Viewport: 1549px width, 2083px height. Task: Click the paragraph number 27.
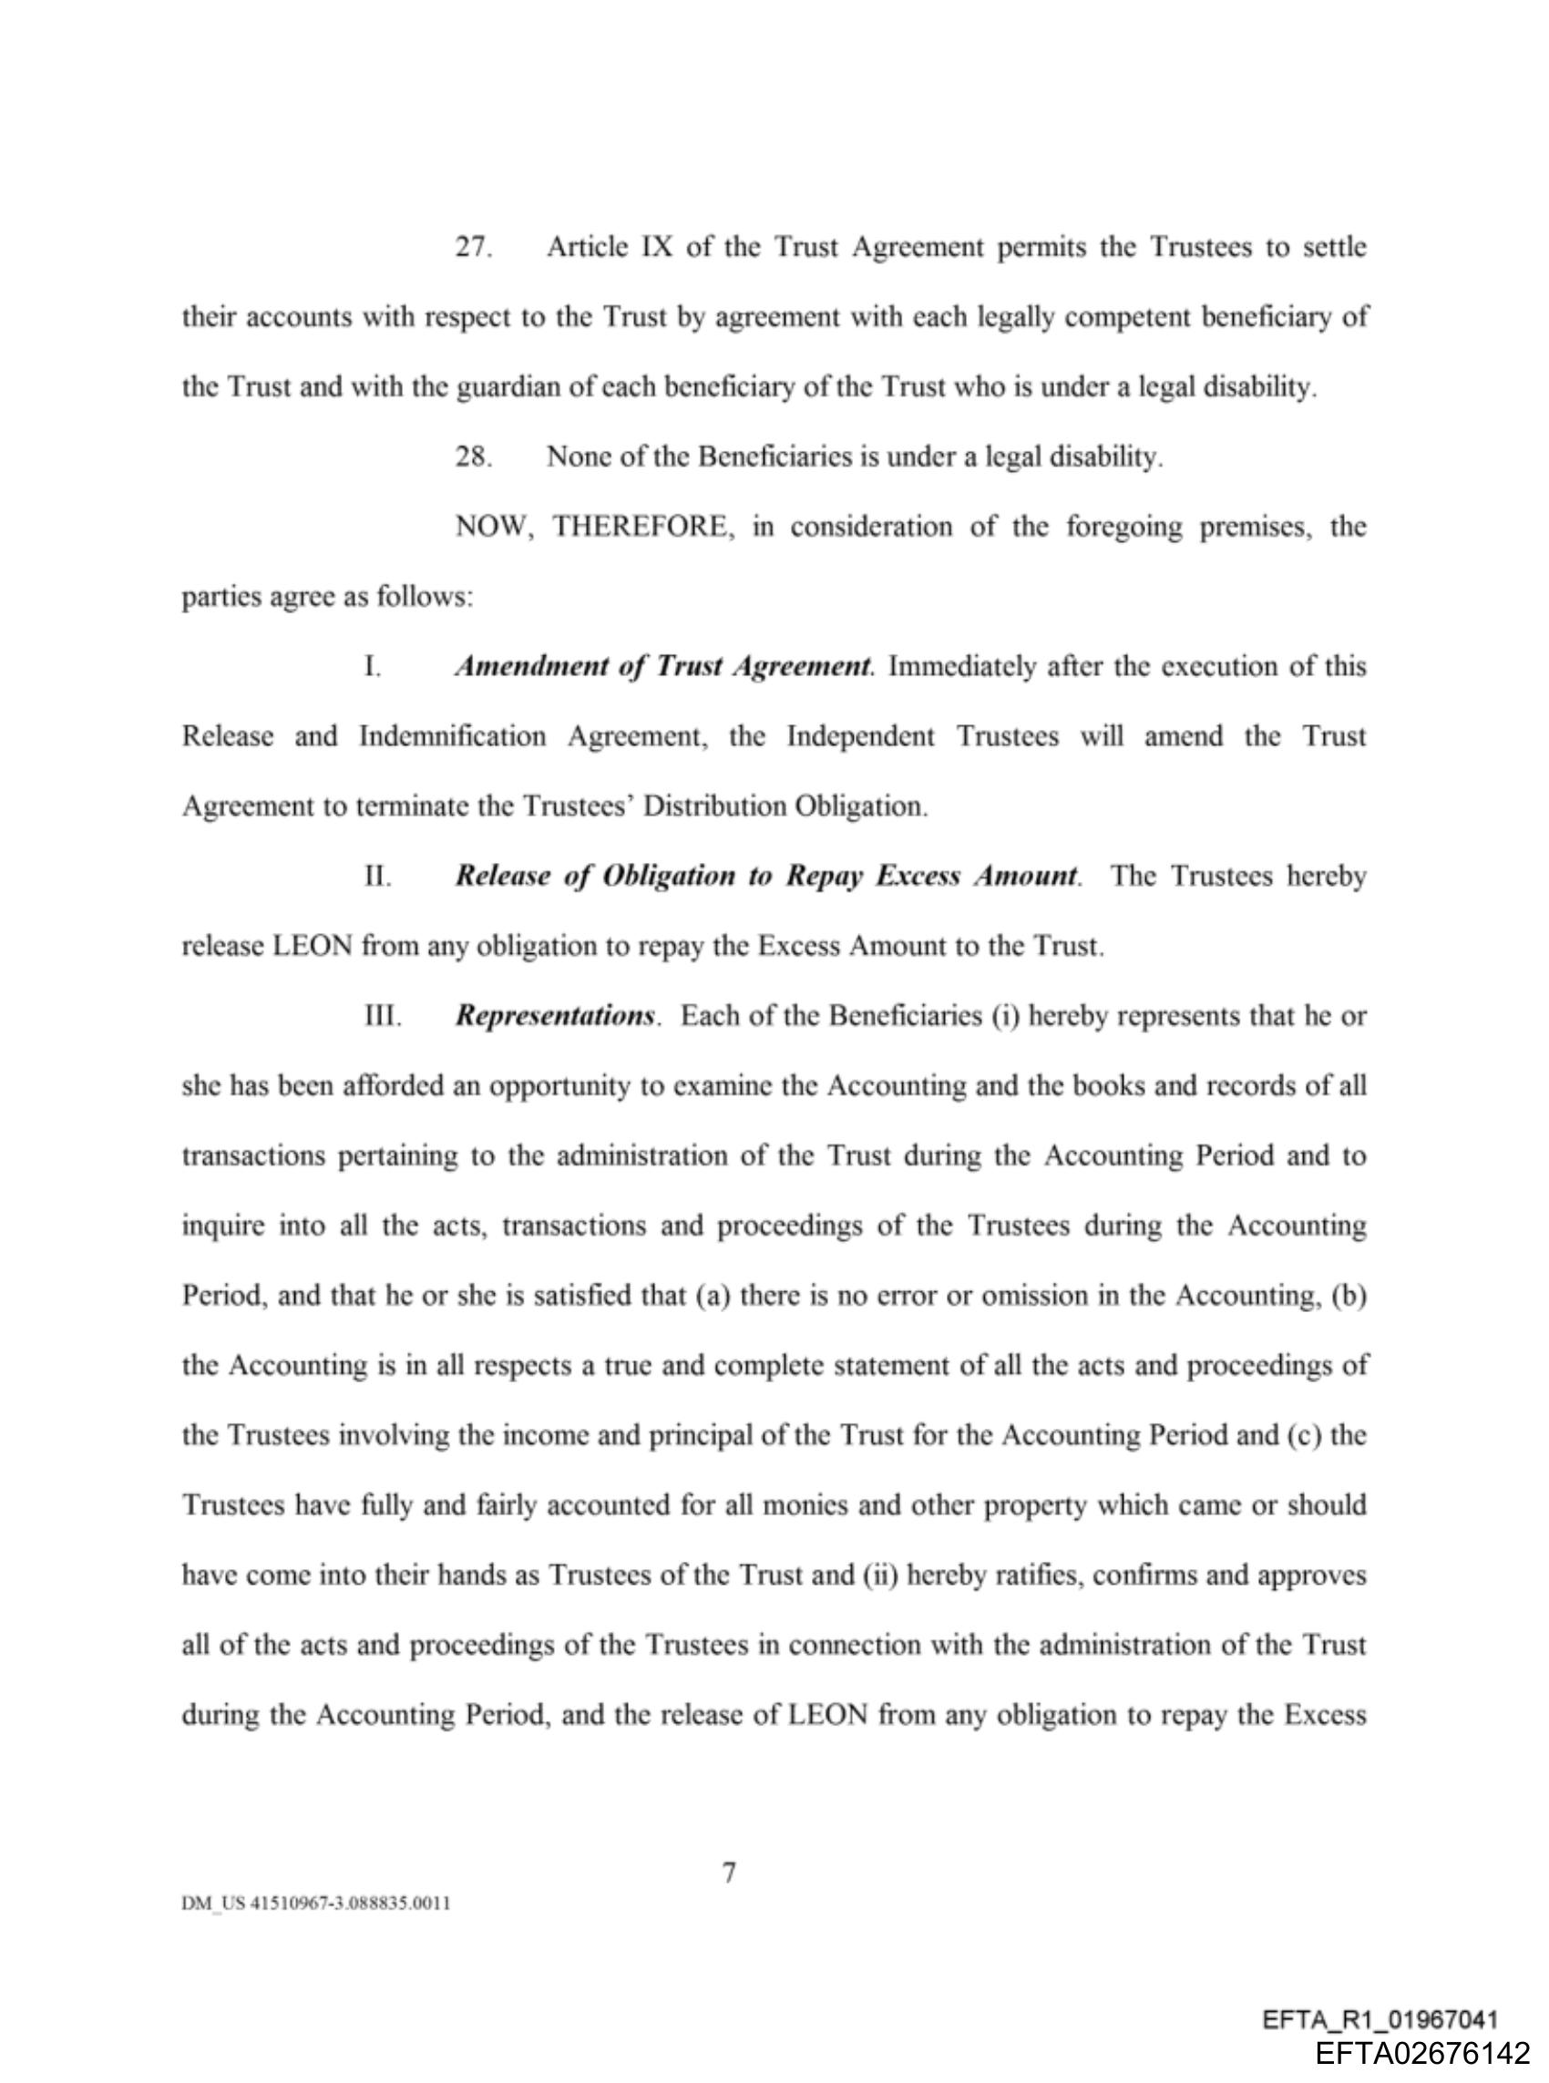473,248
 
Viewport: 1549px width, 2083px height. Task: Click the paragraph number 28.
473,457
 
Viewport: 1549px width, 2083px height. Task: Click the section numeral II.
377,877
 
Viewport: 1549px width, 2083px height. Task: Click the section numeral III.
383,1016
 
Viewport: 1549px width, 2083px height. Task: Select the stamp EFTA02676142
1422,2054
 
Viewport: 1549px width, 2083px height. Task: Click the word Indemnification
452,737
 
